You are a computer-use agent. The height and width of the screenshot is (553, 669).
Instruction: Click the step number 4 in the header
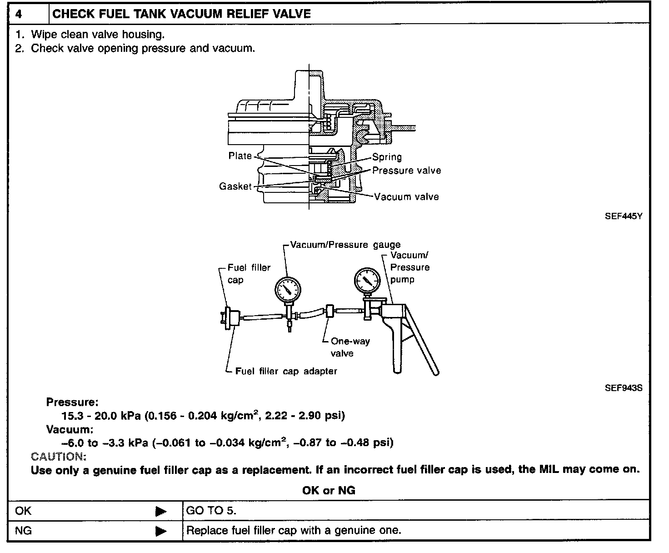[x=18, y=14]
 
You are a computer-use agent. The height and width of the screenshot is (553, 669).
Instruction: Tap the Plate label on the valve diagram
[x=240, y=156]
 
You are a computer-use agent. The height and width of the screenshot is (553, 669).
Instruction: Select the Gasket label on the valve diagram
[x=235, y=186]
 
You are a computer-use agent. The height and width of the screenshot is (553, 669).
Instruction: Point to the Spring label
[x=387, y=157]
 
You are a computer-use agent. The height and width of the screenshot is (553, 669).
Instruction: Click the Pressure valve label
[x=406, y=171]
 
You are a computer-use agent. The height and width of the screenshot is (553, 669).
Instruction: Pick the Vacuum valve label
[x=406, y=197]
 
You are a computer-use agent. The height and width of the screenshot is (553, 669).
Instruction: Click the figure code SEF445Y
[x=623, y=216]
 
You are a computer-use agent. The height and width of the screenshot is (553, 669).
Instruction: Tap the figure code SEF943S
[x=623, y=388]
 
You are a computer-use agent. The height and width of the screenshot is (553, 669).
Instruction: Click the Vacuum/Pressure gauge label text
[x=345, y=245]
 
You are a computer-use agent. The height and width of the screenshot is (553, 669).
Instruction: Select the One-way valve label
[x=349, y=347]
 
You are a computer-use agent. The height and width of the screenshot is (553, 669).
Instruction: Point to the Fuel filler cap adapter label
[x=286, y=371]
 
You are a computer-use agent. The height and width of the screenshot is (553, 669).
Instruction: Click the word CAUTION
[x=58, y=457]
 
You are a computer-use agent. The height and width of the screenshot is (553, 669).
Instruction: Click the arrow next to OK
[x=161, y=512]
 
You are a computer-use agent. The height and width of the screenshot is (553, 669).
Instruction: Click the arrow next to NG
[x=161, y=531]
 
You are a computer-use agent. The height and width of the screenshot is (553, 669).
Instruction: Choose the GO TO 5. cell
[x=211, y=511]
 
